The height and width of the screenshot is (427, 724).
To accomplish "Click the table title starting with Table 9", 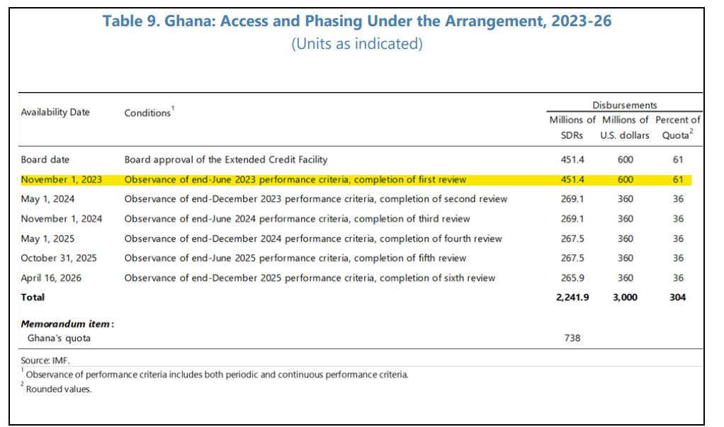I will pos(357,21).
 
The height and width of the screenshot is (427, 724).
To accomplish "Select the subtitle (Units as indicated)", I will pos(357,44).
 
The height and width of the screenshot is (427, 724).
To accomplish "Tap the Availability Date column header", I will pos(55,112).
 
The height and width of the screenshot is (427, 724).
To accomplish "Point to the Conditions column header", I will pos(149,113).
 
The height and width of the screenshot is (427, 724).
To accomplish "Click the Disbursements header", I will pos(624,105).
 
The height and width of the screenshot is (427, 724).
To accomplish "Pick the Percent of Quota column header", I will pos(678,127).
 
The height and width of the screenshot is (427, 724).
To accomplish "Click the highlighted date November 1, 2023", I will pos(62,179).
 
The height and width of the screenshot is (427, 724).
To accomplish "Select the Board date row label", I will pos(45,160).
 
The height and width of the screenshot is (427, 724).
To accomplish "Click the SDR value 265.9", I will pos(570,278).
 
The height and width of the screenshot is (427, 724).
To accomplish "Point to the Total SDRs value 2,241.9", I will pos(572,297).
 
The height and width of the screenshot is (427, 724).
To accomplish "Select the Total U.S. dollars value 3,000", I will pos(624,297).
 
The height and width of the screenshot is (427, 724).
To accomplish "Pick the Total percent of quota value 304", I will pos(678,297).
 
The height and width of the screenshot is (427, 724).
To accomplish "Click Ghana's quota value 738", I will pos(572,338).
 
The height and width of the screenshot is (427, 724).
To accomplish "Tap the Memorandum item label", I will pos(68,324).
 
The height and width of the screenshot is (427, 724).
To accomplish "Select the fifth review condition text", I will pos(295,258).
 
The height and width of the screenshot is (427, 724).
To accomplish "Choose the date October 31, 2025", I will pos(59,258).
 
